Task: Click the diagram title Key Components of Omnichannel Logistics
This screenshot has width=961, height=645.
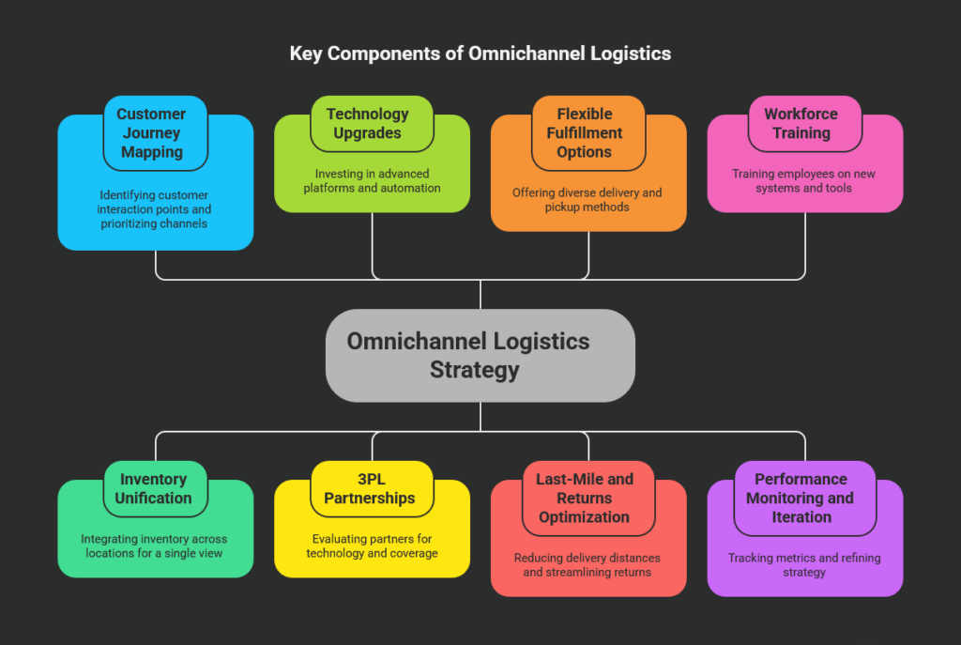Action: (x=480, y=54)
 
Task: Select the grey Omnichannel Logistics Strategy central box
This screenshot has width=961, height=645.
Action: (x=480, y=355)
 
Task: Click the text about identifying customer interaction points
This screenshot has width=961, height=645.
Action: (x=156, y=209)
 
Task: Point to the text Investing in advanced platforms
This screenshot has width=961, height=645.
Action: (x=372, y=180)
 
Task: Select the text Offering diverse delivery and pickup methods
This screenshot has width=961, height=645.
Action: (x=587, y=199)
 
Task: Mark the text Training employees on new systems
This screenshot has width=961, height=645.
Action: (x=803, y=180)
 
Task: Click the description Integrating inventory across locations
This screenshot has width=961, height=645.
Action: (x=154, y=545)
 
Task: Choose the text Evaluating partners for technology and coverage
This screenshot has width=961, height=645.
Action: (x=372, y=545)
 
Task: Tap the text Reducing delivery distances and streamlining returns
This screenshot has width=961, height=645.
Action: (x=587, y=564)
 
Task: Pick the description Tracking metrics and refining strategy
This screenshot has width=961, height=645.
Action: (x=803, y=564)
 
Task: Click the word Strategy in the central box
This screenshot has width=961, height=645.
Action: (x=474, y=370)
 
